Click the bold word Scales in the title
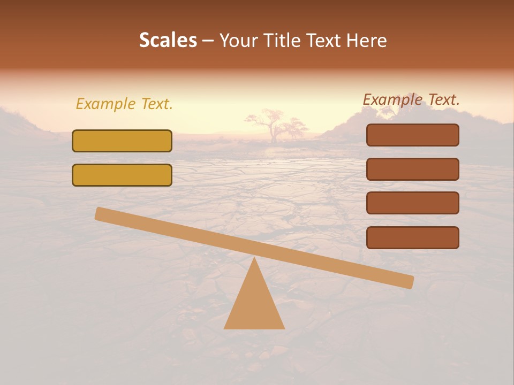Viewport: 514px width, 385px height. tap(168, 40)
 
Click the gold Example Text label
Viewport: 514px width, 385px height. tap(124, 104)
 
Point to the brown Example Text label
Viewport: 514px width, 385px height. tap(411, 99)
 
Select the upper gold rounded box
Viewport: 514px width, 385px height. tap(122, 141)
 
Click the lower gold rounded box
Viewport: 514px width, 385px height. tap(122, 175)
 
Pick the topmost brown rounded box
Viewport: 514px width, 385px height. tap(412, 135)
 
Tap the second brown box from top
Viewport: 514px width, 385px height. tap(412, 169)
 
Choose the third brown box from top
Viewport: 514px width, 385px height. tap(412, 203)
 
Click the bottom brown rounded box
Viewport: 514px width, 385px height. tap(412, 237)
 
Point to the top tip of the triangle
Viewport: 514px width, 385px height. tap(254, 259)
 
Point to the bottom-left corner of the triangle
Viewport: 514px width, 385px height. tap(225, 328)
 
